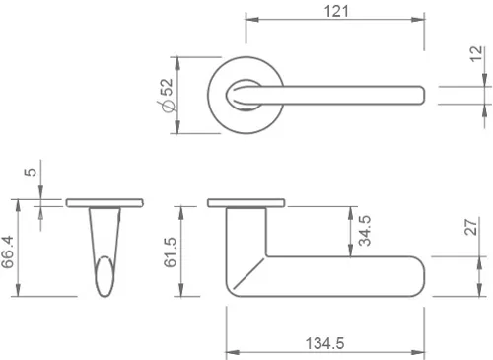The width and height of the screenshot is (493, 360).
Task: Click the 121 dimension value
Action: click(337, 11)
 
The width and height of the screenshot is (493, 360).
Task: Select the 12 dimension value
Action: click(476, 55)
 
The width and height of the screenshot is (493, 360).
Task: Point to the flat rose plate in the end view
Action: click(106, 203)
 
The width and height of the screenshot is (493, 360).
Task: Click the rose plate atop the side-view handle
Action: click(247, 203)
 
